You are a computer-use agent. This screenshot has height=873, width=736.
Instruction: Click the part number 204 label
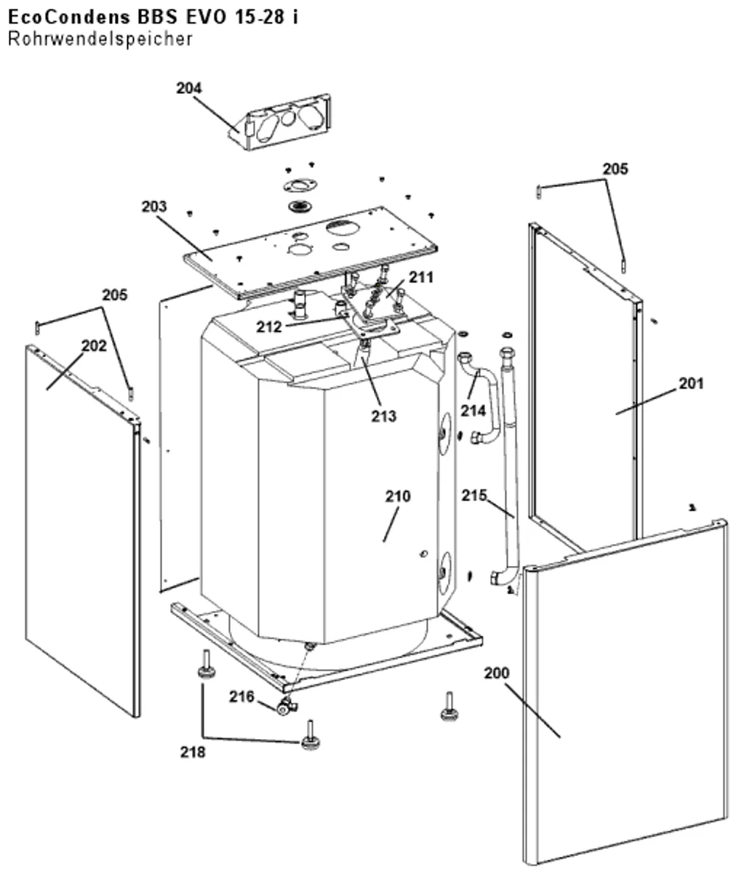click(x=188, y=88)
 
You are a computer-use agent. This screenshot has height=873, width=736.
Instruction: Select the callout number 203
click(x=155, y=207)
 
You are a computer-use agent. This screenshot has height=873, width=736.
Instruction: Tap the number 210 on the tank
click(x=398, y=496)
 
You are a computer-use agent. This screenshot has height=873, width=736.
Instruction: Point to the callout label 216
click(x=241, y=696)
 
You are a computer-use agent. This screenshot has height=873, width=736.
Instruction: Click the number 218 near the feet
click(x=193, y=752)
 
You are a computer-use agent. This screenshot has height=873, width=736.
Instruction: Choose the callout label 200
click(x=497, y=673)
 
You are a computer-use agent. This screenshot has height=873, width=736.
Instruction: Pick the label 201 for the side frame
click(x=691, y=383)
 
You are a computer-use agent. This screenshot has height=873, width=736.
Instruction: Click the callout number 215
click(x=474, y=495)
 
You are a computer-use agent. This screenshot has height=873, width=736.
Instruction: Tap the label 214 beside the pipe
click(x=473, y=411)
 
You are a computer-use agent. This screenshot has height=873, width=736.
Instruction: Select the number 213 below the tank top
click(x=384, y=416)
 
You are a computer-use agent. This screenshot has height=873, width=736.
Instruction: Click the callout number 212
click(x=269, y=327)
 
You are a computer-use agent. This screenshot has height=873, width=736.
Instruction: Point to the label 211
click(x=422, y=278)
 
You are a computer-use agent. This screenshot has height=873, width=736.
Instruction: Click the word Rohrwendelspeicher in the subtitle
click(x=100, y=39)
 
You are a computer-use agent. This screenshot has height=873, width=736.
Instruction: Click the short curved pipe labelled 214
click(x=480, y=397)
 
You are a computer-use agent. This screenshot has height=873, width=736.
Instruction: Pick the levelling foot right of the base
click(x=447, y=707)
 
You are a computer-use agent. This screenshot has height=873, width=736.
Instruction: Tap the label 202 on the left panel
click(x=94, y=346)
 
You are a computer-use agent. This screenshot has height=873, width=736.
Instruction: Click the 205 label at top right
click(x=615, y=169)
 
